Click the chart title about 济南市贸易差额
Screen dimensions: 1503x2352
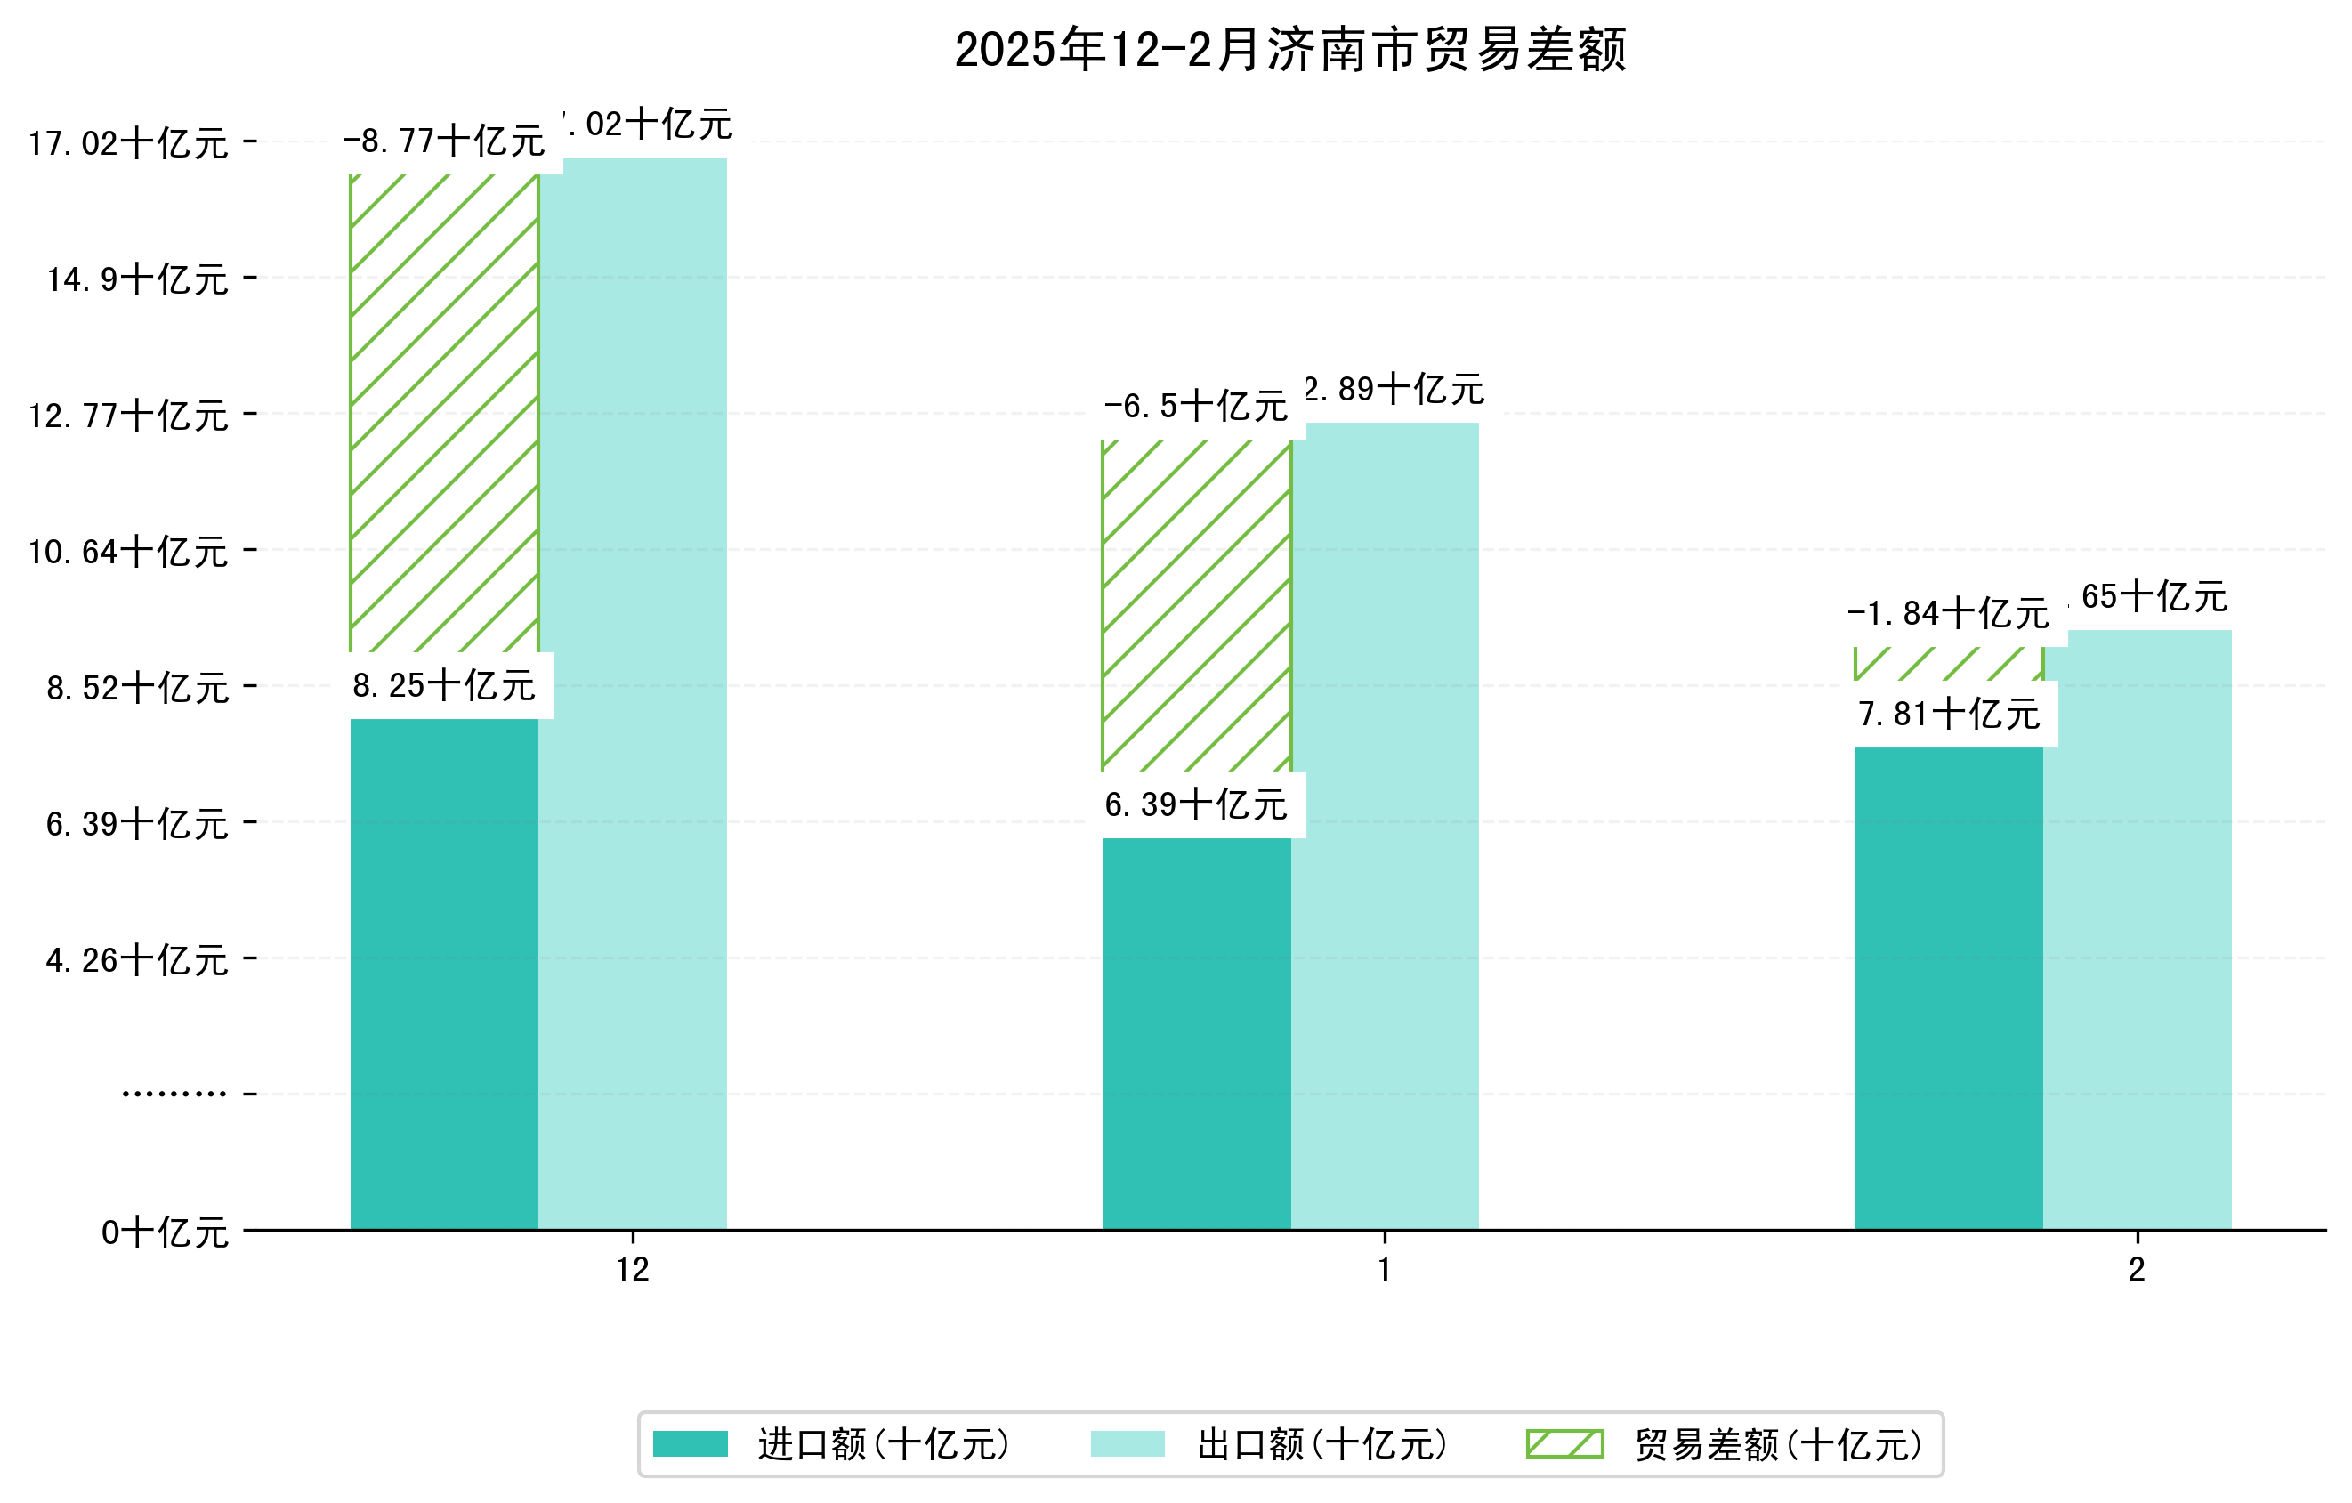coord(1289,50)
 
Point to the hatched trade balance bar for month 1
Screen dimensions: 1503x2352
coord(1197,604)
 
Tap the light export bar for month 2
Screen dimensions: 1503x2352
coord(2138,929)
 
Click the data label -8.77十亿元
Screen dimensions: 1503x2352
coord(444,141)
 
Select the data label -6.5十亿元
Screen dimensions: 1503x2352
coord(1197,407)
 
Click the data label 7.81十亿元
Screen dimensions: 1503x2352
coord(1950,714)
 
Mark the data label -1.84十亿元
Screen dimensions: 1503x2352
coord(1949,613)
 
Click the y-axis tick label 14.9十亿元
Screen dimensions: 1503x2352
coord(138,279)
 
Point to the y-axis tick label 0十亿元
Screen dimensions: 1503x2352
coord(165,1232)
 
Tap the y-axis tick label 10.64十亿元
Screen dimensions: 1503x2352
coord(128,552)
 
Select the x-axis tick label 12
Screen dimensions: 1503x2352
coord(633,1270)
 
